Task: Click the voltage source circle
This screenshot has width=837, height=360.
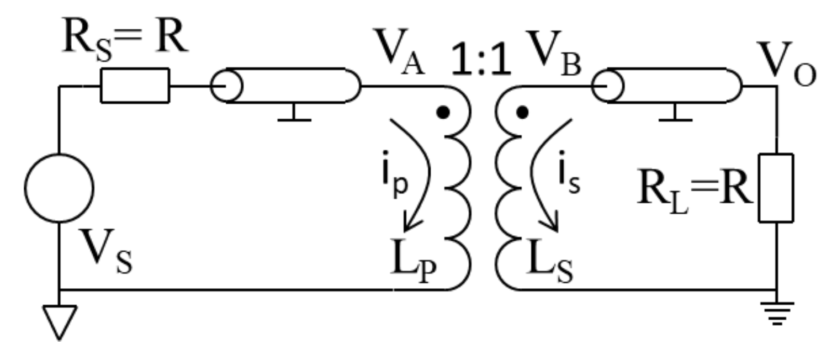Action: (60, 188)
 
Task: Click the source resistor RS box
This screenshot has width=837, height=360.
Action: (134, 86)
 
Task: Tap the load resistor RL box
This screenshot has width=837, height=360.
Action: (776, 188)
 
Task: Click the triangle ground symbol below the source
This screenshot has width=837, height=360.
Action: (59, 320)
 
